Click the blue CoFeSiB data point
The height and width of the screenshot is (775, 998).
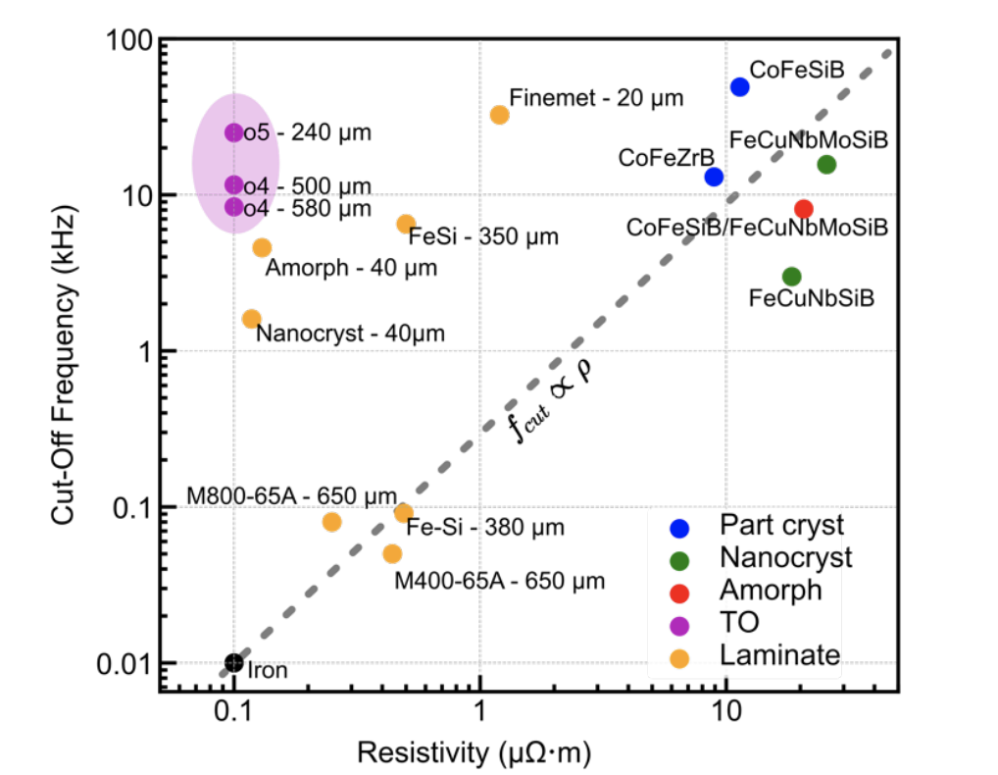coord(739,86)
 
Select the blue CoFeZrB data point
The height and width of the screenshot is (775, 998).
coord(714,177)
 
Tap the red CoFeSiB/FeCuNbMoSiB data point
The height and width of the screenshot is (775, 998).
coord(804,209)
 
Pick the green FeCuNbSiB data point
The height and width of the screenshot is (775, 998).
coord(791,277)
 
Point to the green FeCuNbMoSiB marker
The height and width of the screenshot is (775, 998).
coord(826,165)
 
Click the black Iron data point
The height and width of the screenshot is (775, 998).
coord(233,663)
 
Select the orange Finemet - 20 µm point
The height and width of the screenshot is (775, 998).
coord(499,115)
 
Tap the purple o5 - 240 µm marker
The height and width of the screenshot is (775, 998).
coord(233,132)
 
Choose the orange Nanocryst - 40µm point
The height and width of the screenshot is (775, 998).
coord(251,319)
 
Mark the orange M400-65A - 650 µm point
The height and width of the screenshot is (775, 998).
coord(392,553)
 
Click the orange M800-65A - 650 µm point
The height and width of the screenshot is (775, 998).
coord(331,522)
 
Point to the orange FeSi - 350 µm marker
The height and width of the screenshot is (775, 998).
coord(406,225)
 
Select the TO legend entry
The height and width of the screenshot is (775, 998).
coord(739,622)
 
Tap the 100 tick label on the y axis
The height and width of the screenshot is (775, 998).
coord(128,42)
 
